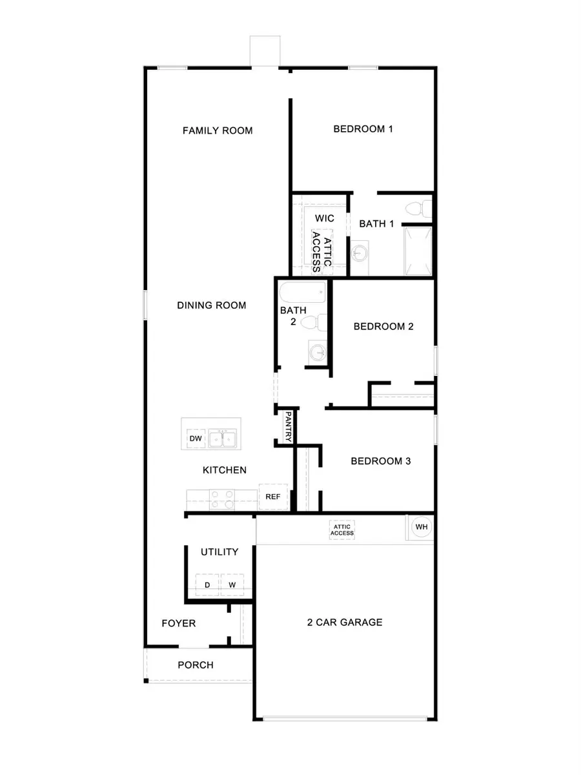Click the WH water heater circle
[x=422, y=527]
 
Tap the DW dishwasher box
[x=196, y=439]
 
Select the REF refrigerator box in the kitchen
[x=272, y=497]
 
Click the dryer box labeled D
[x=207, y=584]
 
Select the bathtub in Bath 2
[x=303, y=291]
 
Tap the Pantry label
[x=289, y=426]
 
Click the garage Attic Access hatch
[x=342, y=530]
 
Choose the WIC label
[x=325, y=218]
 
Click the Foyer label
[x=178, y=623]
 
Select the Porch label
[x=196, y=665]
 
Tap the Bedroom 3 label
[x=381, y=461]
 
